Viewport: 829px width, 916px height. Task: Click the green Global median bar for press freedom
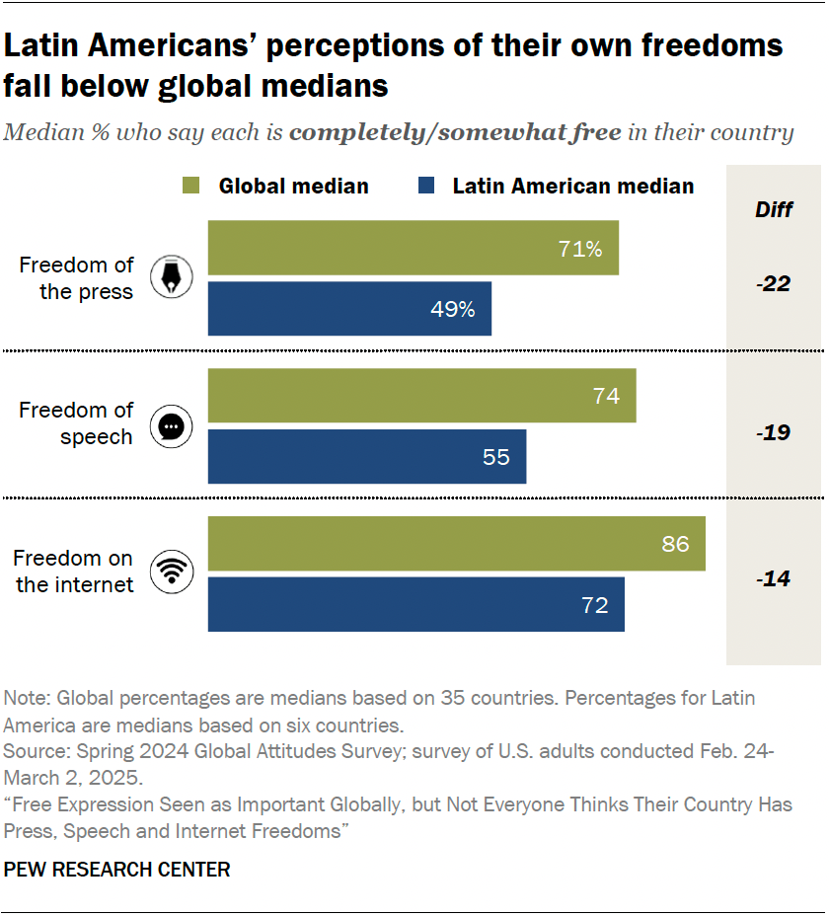coord(413,248)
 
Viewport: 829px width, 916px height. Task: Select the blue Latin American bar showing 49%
coord(349,309)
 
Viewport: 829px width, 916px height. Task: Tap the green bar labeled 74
coord(421,396)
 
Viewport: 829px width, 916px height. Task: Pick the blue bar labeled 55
coord(366,457)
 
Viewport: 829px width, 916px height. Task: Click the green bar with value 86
coord(456,544)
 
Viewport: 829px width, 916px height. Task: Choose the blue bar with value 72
coord(415,605)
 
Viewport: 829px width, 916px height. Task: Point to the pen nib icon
coord(171,278)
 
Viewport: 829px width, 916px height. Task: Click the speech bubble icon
coord(171,426)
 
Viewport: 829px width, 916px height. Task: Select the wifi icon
coord(171,572)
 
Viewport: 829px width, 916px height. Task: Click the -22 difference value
coord(774,284)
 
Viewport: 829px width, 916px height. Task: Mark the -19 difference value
coord(774,432)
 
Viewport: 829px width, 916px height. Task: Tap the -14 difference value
coord(774,578)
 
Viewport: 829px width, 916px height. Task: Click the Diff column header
coord(774,209)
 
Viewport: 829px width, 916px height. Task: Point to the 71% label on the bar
coord(579,249)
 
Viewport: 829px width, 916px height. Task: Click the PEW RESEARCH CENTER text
coord(117,870)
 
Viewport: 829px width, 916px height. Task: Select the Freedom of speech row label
coord(76,424)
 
